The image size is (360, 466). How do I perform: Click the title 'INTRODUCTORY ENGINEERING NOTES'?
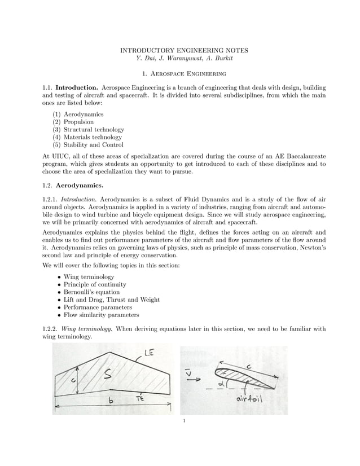180,51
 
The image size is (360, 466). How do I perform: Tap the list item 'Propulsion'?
78,122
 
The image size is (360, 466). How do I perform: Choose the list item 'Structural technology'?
94,129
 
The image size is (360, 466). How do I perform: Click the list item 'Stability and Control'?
93,144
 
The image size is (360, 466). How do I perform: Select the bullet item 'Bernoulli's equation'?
91,292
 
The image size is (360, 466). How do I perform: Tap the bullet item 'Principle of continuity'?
95,285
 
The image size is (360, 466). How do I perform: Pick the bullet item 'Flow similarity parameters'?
101,315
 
